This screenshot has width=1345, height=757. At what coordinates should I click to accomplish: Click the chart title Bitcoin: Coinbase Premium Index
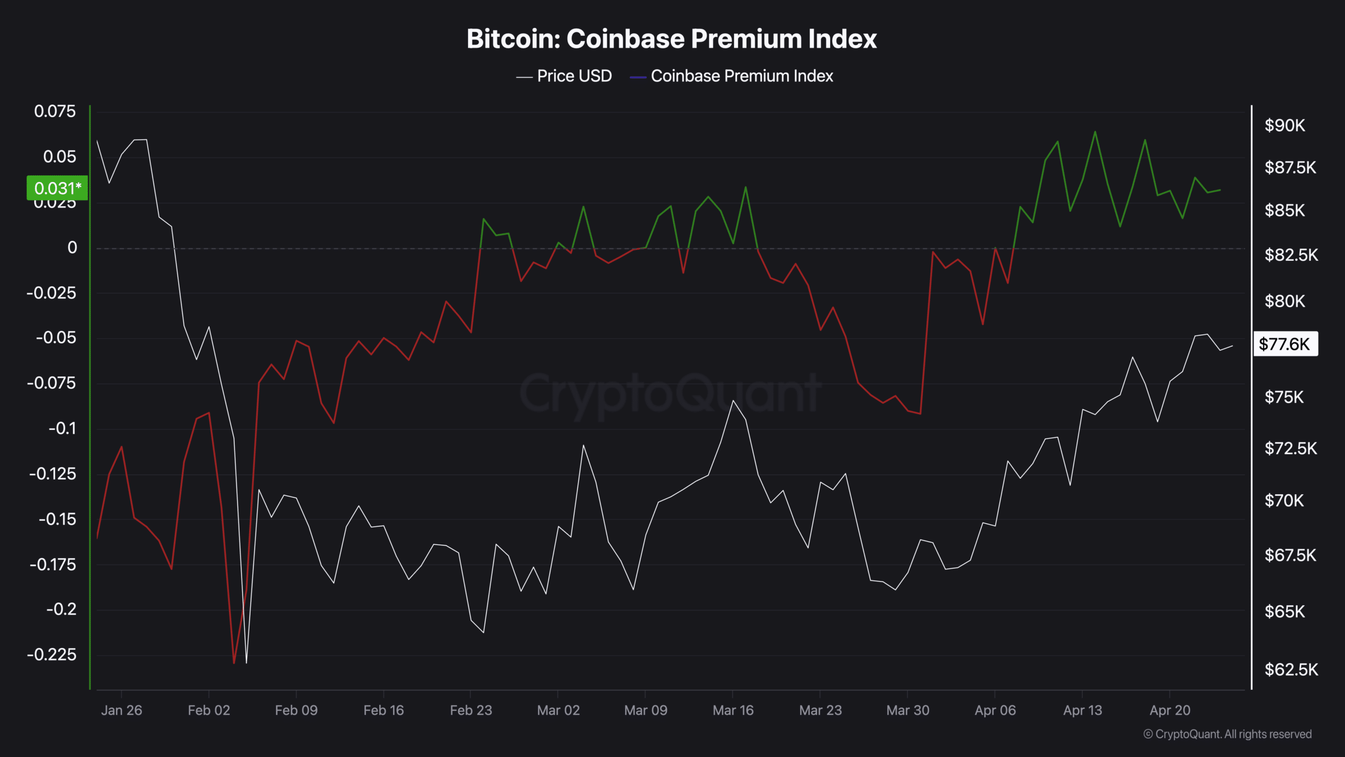coord(671,39)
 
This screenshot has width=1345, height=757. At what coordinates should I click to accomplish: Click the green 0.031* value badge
coord(57,188)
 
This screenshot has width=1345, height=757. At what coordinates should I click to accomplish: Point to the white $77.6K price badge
coord(1285,344)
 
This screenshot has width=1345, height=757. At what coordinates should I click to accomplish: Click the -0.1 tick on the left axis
coord(63,428)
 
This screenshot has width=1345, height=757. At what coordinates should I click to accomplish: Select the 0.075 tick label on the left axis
coord(55,111)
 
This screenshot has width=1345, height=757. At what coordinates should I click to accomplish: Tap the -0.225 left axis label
coord(51,655)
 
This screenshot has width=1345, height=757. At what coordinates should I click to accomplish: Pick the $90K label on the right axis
coord(1285,126)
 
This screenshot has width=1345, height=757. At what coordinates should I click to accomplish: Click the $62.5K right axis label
coord(1291,670)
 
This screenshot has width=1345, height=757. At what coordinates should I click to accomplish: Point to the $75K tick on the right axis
coord(1284,397)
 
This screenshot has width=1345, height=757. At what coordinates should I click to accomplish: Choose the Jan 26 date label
coord(121,711)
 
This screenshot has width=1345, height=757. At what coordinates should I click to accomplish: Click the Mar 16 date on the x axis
coord(733,711)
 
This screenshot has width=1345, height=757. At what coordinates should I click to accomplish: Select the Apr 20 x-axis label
coord(1170,711)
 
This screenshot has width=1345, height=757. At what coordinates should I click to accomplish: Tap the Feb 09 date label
coord(296,711)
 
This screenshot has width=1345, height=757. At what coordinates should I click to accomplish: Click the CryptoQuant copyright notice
coord(1227,734)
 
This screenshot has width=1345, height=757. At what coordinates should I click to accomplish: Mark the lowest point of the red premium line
coord(234,663)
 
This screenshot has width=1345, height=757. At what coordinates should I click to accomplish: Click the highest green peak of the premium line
coord(1095,132)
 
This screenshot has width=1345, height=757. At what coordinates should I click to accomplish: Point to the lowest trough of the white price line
coord(246,662)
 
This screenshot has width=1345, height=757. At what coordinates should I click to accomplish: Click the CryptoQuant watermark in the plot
coord(670,393)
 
